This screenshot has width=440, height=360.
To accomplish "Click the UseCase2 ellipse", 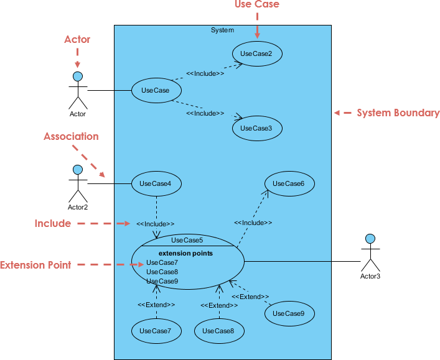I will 257,53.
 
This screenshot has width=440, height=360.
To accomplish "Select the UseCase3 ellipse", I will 257,128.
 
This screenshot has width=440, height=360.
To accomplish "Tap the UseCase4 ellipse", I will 156,183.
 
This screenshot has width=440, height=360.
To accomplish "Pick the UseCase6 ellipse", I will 289,183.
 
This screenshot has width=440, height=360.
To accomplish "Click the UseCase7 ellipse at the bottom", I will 156,331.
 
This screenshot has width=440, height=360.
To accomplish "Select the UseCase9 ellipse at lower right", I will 289,313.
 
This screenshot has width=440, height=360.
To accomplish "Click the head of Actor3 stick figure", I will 370,238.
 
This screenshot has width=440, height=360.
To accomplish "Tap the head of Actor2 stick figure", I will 78,170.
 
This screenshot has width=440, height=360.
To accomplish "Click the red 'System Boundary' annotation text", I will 398,113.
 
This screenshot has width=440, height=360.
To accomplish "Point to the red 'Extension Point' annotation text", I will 35,265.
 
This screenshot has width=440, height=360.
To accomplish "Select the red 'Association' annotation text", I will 71,136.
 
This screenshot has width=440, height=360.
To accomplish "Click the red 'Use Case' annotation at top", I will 256,5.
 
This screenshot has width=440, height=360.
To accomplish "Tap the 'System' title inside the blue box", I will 223,30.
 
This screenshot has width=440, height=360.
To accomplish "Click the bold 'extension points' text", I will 185,253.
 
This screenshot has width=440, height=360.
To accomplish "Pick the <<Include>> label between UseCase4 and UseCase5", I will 156,223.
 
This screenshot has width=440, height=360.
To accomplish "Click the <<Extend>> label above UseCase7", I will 156,305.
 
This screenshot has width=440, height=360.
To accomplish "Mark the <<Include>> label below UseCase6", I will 253,222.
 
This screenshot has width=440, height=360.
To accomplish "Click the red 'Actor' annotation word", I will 77,40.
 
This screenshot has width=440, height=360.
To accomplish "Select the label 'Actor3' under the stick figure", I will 370,275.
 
